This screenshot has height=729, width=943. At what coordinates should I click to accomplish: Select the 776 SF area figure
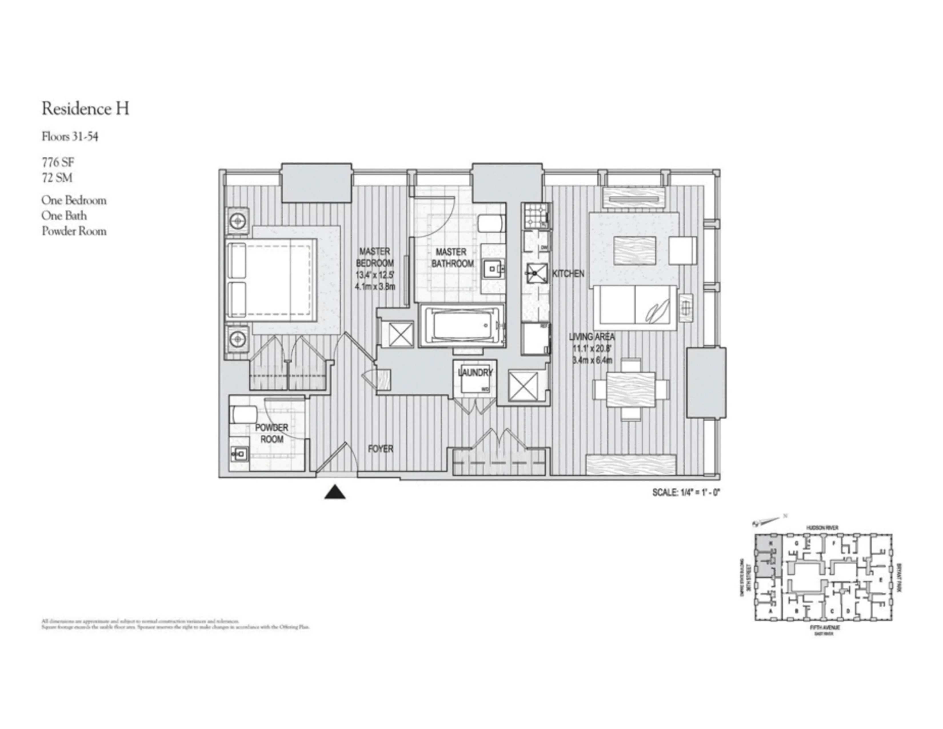tap(58, 162)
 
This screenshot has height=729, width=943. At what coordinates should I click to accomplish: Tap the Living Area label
tap(592, 337)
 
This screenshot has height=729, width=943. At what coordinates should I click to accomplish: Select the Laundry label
tap(475, 372)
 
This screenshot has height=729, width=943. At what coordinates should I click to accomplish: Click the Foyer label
tap(380, 449)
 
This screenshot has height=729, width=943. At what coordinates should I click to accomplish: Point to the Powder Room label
tap(271, 433)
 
